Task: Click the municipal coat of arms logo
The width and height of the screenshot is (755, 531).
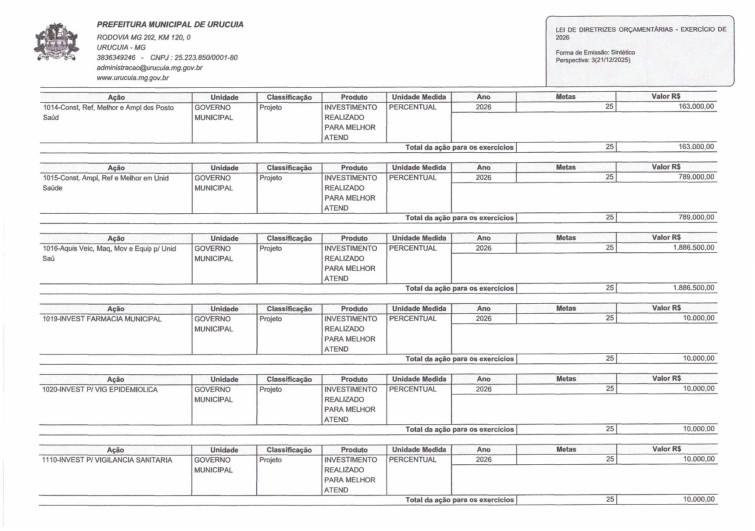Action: pos(56,43)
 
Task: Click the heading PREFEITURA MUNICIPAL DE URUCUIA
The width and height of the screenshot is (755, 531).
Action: pos(170,25)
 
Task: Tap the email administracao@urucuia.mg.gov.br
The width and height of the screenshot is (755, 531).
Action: pos(149,68)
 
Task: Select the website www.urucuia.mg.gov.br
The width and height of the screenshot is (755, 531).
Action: pos(132,78)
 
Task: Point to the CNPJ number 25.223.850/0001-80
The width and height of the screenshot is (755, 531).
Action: pos(193,57)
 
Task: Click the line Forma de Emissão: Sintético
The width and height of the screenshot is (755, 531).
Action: pos(595,53)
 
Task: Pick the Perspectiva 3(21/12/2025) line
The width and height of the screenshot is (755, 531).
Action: pos(593,60)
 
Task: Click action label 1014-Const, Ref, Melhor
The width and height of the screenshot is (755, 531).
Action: pos(108,108)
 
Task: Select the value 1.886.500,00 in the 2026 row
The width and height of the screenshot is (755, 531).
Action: pos(693,248)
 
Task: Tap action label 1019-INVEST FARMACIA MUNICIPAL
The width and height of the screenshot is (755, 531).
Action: pos(102,319)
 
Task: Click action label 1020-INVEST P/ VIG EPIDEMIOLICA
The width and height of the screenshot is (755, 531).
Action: pos(100,390)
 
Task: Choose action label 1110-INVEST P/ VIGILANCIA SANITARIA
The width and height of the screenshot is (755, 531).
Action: pos(107,460)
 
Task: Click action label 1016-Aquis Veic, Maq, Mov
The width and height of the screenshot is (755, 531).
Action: pos(109,249)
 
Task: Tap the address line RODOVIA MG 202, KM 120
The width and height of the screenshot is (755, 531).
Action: pos(143,38)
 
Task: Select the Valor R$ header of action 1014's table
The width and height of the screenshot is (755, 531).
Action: pos(666,97)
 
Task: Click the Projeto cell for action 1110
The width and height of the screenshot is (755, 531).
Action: pos(270,460)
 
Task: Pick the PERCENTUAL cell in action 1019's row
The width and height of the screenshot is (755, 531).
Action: pos(412,319)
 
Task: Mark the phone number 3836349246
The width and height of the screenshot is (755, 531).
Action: pos(116,57)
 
